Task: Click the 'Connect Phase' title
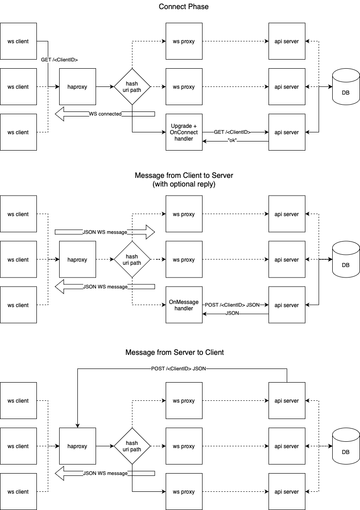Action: click(184, 7)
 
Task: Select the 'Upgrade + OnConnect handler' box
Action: click(184, 132)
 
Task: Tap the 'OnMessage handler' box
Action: click(184, 305)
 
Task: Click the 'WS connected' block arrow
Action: click(105, 114)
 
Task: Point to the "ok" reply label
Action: click(232, 141)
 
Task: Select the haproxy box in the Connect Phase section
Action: click(77, 86)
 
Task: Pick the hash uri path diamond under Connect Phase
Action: click(132, 86)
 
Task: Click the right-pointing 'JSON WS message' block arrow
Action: click(105, 232)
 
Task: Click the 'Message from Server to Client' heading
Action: click(175, 353)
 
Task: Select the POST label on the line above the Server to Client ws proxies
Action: click(178, 369)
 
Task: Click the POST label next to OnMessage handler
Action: click(232, 305)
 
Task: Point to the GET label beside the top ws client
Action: click(59, 60)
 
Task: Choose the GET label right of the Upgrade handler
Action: click(232, 132)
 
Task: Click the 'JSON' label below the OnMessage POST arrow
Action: click(232, 314)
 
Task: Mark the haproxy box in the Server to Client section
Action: click(77, 446)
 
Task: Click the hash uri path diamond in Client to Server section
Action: click(132, 260)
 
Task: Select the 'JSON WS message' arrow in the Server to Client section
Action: click(105, 473)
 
